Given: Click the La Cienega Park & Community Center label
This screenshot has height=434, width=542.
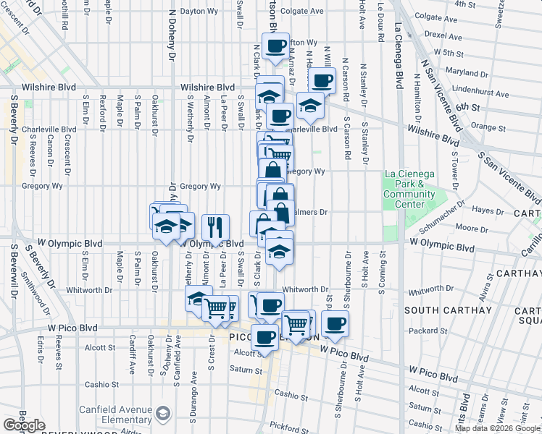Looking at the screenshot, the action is click(409, 189).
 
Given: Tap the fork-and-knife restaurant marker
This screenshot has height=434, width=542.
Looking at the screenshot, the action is click(215, 228).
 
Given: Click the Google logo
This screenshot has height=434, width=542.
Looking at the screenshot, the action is click(24, 425).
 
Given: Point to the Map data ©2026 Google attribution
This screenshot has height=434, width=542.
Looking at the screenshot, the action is click(498, 428).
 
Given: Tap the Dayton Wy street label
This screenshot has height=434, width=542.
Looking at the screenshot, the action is click(199, 12).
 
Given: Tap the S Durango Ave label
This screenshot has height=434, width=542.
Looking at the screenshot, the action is click(194, 388).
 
